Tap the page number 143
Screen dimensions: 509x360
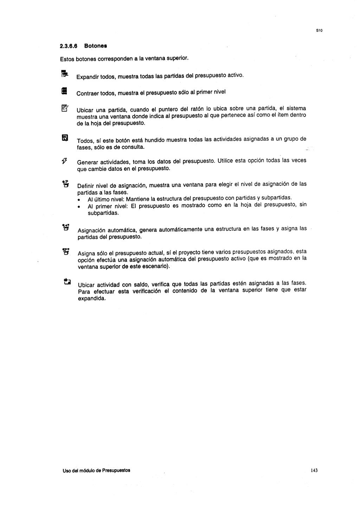pyautogui.click(x=314, y=470)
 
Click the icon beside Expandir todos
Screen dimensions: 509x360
pyautogui.click(x=64, y=74)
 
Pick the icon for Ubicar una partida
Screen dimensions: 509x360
pyautogui.click(x=65, y=108)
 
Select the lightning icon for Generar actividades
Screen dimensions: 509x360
pyautogui.click(x=64, y=161)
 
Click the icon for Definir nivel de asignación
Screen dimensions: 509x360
pyautogui.click(x=65, y=183)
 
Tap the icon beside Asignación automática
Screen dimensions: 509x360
pyautogui.click(x=65, y=227)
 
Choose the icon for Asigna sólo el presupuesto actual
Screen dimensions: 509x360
pyautogui.click(x=65, y=251)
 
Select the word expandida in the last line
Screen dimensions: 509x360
pyautogui.click(x=91, y=299)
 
